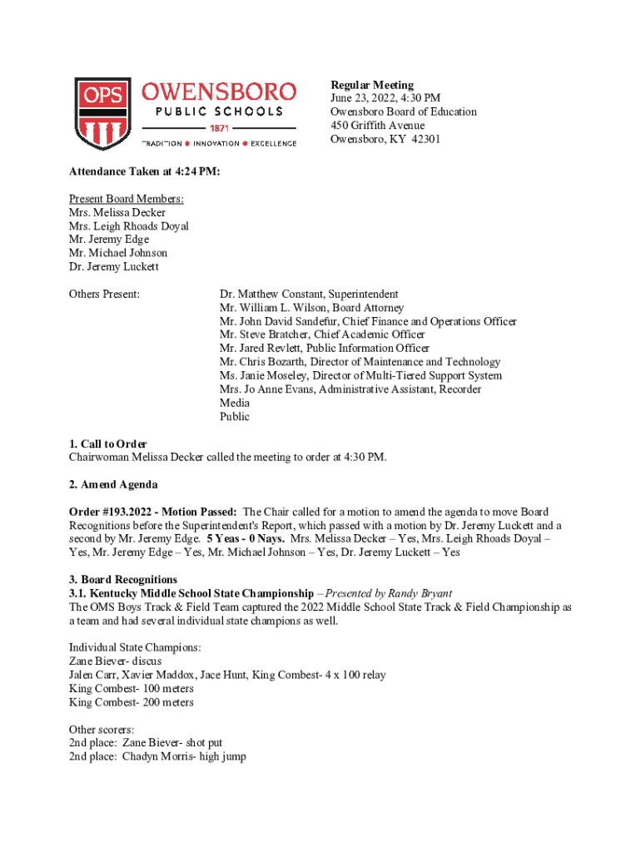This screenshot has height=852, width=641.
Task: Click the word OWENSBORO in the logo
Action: pyautogui.click(x=219, y=92)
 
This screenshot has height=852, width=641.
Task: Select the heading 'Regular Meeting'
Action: pyautogui.click(x=371, y=85)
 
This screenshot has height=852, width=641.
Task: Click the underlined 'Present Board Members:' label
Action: pyautogui.click(x=127, y=199)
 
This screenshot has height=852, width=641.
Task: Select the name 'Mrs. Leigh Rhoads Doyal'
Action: pyautogui.click(x=129, y=226)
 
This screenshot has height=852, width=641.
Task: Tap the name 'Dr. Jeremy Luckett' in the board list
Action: pyautogui.click(x=113, y=267)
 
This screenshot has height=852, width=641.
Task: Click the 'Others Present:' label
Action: pyautogui.click(x=104, y=294)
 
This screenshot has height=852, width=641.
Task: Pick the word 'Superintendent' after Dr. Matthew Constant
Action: pyautogui.click(x=362, y=294)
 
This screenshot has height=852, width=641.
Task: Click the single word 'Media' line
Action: pyautogui.click(x=234, y=403)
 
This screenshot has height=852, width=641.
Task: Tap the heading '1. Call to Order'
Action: pyautogui.click(x=108, y=443)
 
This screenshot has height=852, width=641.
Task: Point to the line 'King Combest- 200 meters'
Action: pyautogui.click(x=132, y=702)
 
